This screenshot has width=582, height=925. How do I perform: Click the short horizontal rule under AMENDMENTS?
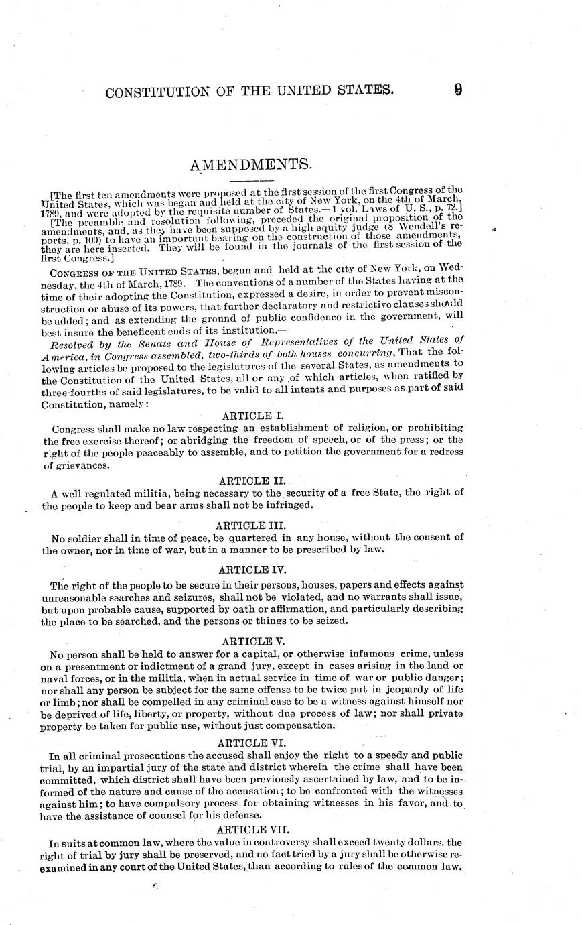click(250, 181)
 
